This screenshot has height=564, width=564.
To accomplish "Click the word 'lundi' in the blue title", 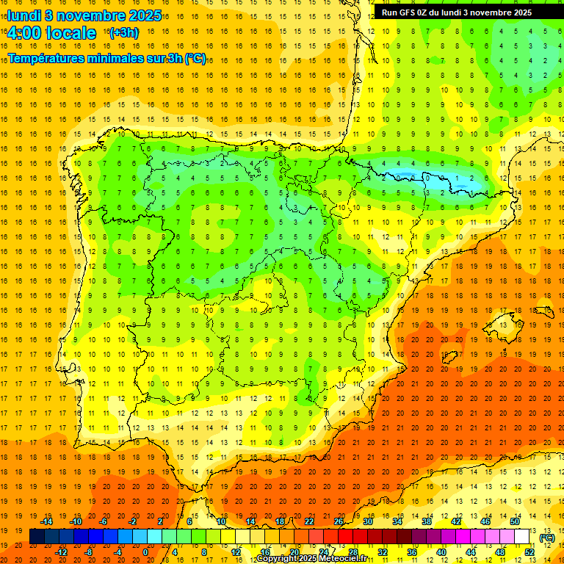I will (x=23, y=15).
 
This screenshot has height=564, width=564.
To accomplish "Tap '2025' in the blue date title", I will (x=127, y=15).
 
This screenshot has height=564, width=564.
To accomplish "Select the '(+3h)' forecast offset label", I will (x=123, y=33).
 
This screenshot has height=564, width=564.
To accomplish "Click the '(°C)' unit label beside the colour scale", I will (x=546, y=538).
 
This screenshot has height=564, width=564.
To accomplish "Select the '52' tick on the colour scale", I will (x=529, y=552).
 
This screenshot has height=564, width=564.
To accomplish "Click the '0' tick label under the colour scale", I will (x=145, y=552).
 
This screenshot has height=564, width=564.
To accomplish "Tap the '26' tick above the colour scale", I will (x=339, y=521).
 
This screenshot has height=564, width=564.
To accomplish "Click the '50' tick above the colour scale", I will (x=514, y=521).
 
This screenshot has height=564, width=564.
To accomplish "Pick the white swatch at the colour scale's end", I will (x=521, y=537).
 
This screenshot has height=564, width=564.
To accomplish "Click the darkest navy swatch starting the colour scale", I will (x=37, y=537).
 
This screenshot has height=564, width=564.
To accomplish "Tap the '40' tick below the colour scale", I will (x=441, y=552).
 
